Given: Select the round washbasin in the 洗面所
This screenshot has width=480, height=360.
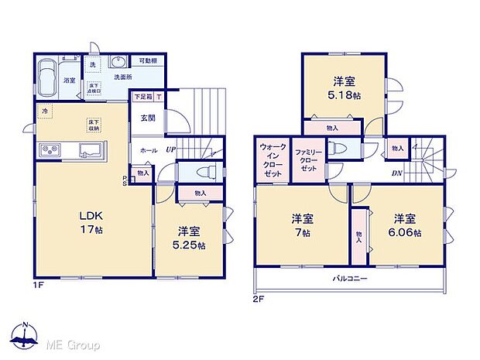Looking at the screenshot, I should click(x=118, y=63).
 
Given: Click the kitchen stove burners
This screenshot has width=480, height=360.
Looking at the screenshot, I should click(x=48, y=149).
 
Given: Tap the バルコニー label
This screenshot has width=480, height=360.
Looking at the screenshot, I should click(x=350, y=278).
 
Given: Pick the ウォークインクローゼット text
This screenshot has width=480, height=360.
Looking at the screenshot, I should click(x=272, y=159).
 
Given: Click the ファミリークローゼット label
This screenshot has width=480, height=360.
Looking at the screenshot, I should click(x=307, y=159).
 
